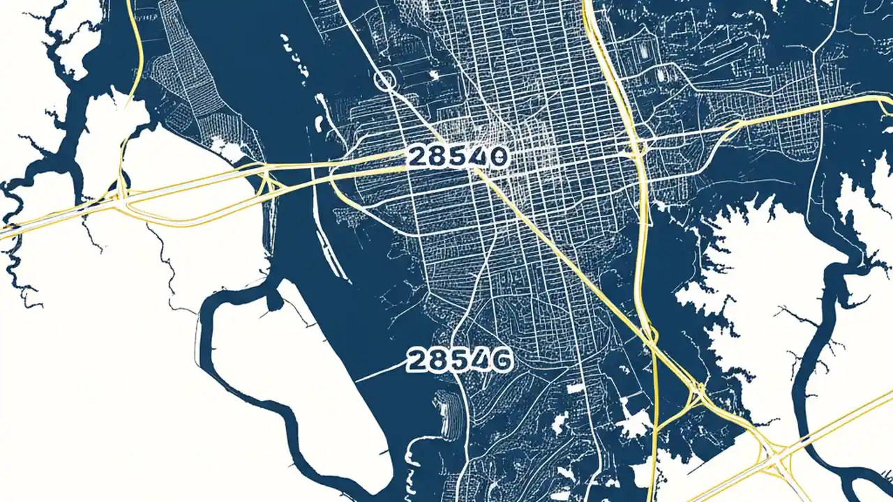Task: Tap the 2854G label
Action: click(x=459, y=360)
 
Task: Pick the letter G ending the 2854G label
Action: click(x=501, y=360)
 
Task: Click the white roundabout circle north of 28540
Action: click(x=385, y=80)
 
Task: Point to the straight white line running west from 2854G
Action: click(x=380, y=374)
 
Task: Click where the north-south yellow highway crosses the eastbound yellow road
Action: click(x=637, y=147)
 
